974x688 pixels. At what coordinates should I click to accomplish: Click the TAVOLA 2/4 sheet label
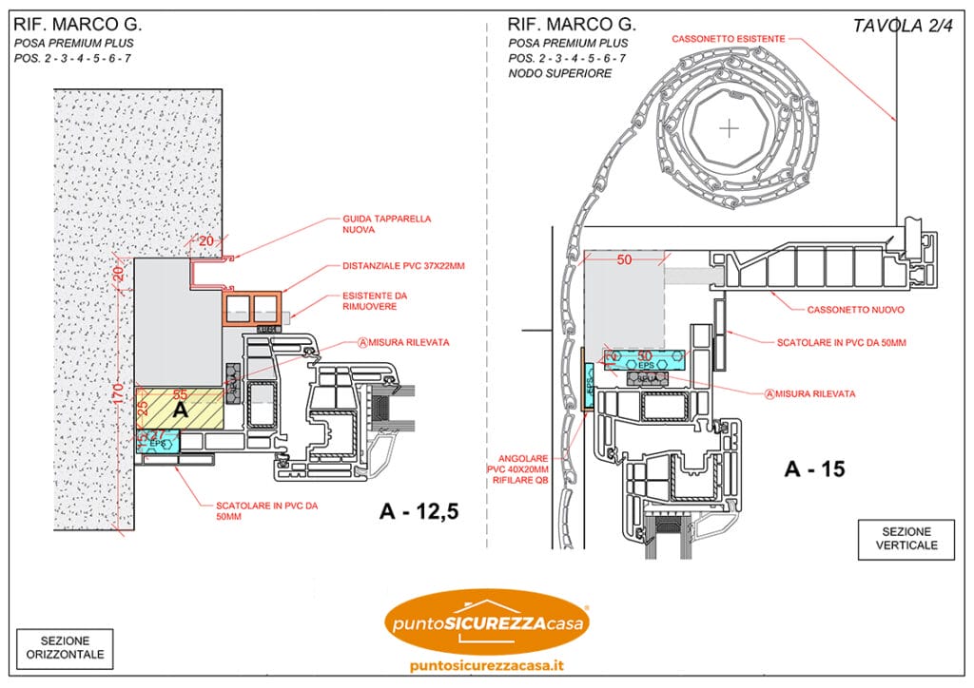[902, 26]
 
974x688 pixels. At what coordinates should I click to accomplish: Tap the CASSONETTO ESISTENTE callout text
[729, 39]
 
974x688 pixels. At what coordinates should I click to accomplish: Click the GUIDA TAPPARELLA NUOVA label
[367, 223]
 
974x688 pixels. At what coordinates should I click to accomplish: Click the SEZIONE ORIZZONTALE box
[65, 648]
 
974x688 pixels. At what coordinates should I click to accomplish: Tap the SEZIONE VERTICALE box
[905, 538]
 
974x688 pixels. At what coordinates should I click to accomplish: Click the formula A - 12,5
[419, 512]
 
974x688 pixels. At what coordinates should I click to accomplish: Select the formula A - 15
[814, 468]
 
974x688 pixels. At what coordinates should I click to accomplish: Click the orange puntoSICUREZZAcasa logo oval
[487, 623]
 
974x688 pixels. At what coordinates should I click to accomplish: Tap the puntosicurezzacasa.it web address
[487, 665]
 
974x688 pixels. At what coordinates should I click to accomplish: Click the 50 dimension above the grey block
[624, 259]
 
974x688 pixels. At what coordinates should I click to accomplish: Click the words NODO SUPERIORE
[560, 73]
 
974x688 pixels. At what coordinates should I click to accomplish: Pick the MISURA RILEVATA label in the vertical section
[816, 393]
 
